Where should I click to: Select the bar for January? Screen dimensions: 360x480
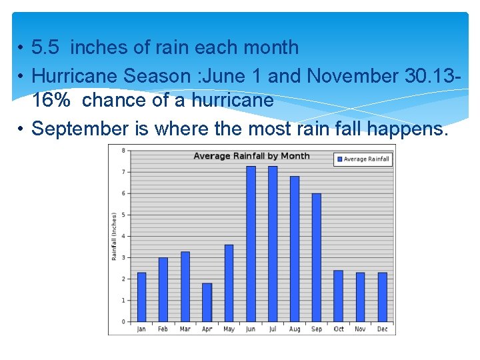point(141,297)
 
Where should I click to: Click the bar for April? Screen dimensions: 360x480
point(207,303)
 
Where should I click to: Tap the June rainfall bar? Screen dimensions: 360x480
point(251,244)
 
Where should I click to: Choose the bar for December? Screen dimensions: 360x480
point(383,297)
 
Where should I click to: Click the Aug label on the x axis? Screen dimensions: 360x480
point(295,329)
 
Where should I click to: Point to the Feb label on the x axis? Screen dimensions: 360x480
point(163,329)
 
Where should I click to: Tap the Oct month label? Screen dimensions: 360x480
point(339,329)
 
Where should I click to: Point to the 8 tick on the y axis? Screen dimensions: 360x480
point(123,151)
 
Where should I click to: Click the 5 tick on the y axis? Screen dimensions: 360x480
point(123,215)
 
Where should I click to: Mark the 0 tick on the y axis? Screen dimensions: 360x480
point(123,322)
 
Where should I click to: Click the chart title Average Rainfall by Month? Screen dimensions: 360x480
point(251,156)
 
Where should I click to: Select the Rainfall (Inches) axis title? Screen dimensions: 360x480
point(115,237)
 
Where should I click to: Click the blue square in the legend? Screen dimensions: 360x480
point(339,159)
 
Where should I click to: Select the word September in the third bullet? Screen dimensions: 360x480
point(81,127)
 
